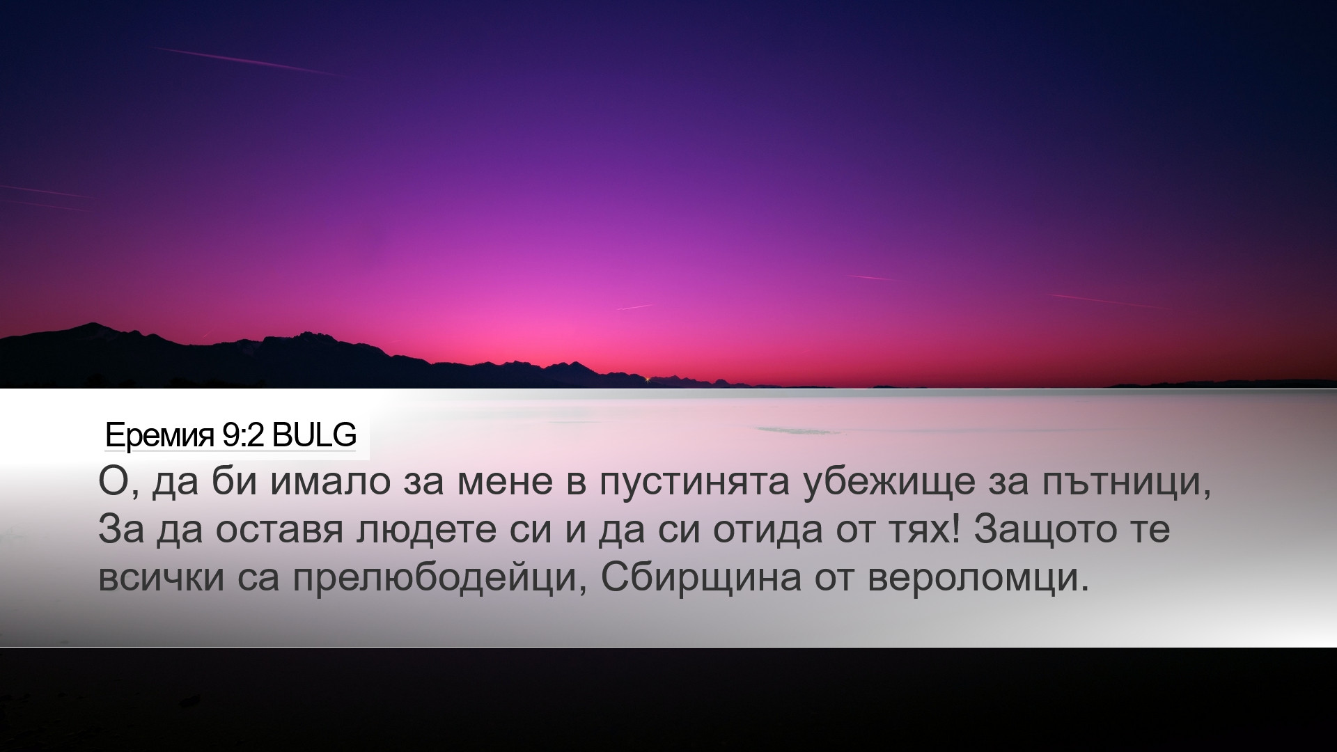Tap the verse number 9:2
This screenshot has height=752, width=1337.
click(243, 436)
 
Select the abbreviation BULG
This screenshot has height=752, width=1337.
click(314, 436)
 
